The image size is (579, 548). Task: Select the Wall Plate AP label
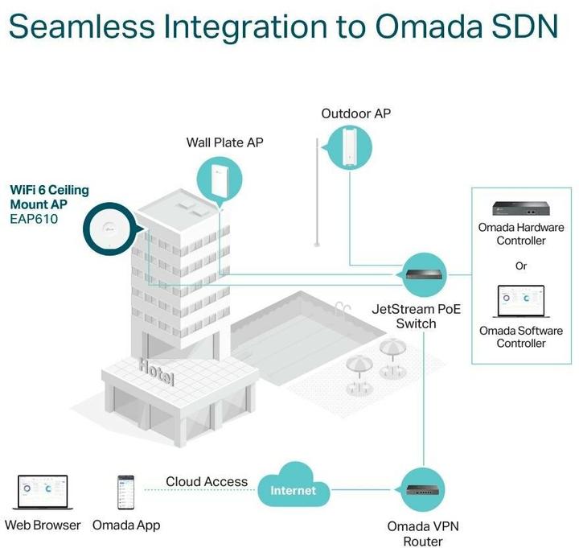coord(225,142)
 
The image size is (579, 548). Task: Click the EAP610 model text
coord(34,218)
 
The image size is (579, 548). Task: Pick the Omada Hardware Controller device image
coord(520,211)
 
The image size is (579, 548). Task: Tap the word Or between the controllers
coord(521,266)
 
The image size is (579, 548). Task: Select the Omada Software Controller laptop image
coord(519,303)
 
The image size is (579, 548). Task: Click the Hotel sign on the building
coord(156,371)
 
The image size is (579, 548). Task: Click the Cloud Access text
coord(207,481)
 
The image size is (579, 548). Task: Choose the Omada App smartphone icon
coord(126,492)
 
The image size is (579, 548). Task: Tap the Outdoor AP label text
coord(355,113)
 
